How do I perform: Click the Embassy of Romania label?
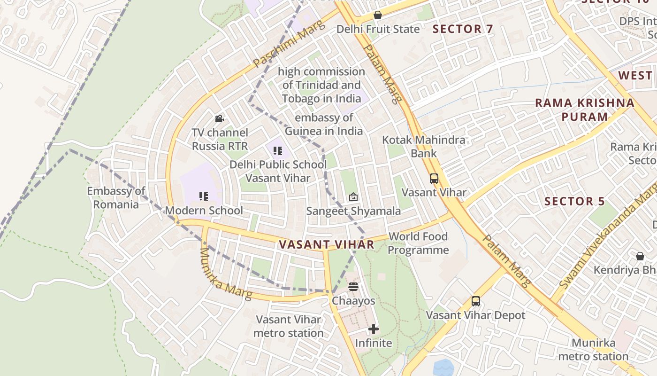coord(116,198)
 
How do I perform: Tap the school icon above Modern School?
coord(204,196)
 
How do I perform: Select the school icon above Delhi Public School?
coord(278,151)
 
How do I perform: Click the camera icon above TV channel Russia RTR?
coord(219,119)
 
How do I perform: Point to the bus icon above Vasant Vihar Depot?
coord(476,301)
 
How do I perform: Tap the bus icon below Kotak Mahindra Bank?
coord(434,179)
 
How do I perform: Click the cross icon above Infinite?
coord(374,329)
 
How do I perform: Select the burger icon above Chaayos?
coord(353,287)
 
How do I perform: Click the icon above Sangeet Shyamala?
coord(353,197)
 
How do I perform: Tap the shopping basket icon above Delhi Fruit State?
coord(378,15)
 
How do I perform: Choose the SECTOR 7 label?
coord(463,29)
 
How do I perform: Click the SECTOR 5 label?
coord(574,202)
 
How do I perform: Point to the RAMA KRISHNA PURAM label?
coord(585,110)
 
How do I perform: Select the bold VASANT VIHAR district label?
coord(326,244)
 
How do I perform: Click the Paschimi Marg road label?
coord(289,43)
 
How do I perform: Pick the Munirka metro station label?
coord(593,350)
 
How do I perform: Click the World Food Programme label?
coord(418,243)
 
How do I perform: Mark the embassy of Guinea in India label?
coord(324,125)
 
